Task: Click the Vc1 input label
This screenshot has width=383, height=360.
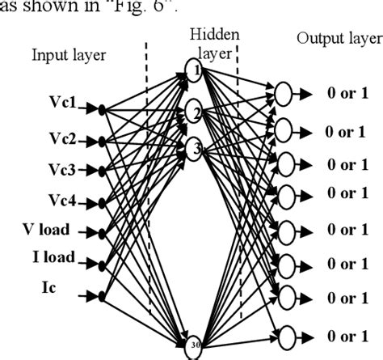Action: [x=63, y=105]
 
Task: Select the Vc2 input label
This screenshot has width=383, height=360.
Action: [x=63, y=139]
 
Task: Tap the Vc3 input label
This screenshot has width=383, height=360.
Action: [x=63, y=169]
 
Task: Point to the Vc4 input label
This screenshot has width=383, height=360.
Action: [x=63, y=199]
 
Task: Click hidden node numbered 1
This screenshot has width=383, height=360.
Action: [x=193, y=69]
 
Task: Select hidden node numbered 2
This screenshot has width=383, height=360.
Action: [x=193, y=112]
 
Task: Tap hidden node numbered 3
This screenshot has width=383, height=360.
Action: [x=193, y=148]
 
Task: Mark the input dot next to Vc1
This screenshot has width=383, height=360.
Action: [x=101, y=106]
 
